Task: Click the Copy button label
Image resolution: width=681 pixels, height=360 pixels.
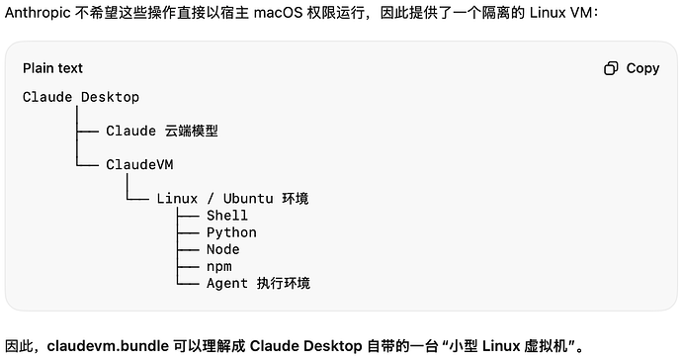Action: [x=642, y=68]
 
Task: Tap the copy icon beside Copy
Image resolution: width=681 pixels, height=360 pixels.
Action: [x=611, y=68]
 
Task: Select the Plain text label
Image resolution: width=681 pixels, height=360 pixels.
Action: [x=52, y=68]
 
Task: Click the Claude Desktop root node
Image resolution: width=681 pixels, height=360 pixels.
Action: [x=81, y=97]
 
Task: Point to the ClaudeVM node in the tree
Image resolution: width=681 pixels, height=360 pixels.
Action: [x=139, y=164]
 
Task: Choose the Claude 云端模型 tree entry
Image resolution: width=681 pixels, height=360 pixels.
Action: [x=162, y=131]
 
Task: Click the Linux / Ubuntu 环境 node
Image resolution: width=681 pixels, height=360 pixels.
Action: [x=232, y=198]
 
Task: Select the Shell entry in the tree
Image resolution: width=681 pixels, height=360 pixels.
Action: [x=227, y=216]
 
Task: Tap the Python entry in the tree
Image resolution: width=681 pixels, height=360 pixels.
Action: [x=231, y=232]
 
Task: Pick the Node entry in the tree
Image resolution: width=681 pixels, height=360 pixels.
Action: [x=222, y=249]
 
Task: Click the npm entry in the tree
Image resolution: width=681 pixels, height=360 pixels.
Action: [x=218, y=266]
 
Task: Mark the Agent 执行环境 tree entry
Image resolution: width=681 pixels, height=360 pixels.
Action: [x=258, y=283]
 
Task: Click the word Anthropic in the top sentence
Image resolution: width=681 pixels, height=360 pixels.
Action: [x=38, y=13]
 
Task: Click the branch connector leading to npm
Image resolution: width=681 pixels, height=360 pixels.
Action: [x=188, y=266]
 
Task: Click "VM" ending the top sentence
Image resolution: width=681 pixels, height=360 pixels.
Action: [x=581, y=13]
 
